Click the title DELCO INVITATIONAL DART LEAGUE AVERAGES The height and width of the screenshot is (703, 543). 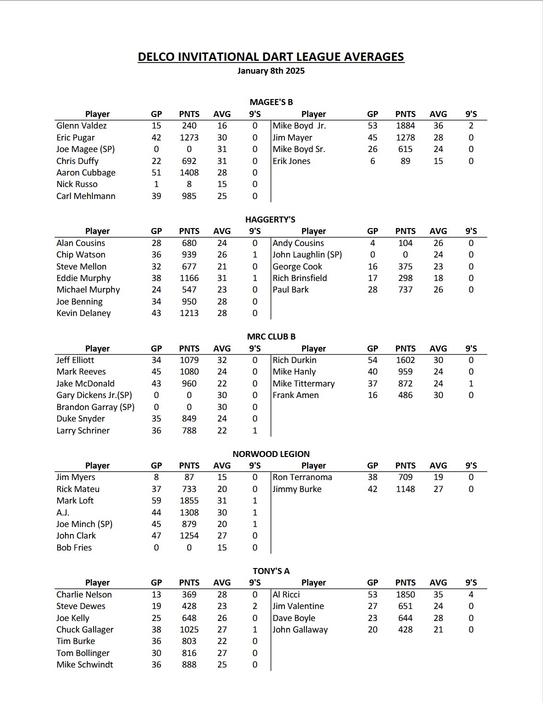coord(271,57)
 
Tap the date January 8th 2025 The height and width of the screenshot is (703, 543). coord(271,71)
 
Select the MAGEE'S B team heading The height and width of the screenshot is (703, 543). coord(271,102)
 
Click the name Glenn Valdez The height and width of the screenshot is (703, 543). coord(81,126)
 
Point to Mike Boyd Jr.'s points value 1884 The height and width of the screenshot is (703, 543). coord(405,126)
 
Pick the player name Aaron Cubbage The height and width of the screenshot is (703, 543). coord(86,173)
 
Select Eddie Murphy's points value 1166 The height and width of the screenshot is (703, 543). coord(189,278)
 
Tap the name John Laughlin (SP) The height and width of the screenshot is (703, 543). coord(307,255)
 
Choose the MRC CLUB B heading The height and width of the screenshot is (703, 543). coord(271,337)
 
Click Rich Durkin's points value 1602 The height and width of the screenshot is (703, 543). coord(405,360)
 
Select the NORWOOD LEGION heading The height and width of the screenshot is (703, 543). coord(271,454)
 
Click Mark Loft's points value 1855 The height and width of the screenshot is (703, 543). coord(189,501)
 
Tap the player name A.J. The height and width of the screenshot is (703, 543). coord(63,513)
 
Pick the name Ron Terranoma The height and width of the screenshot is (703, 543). coord(302,477)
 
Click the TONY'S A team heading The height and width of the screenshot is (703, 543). coord(271,571)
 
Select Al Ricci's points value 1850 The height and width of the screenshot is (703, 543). coord(405,595)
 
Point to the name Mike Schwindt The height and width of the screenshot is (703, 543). coord(84,665)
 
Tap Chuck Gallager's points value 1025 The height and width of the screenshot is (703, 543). coord(189,630)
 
